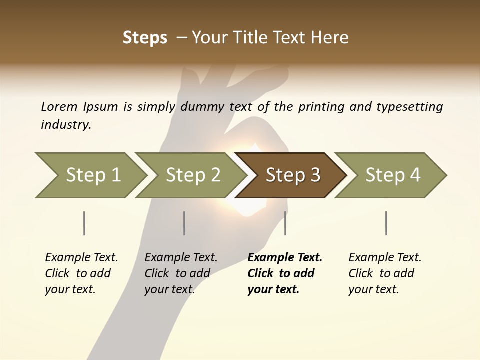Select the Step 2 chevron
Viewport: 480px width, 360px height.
(193, 175)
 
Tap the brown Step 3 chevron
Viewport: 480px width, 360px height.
(293, 175)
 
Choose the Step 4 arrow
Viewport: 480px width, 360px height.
(393, 175)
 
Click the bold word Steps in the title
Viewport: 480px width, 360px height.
(145, 38)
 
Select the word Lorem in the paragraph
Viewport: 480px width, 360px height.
(59, 106)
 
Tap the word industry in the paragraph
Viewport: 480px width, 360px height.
(66, 125)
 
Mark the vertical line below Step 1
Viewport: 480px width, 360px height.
(84, 223)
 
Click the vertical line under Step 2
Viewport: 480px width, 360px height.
(184, 223)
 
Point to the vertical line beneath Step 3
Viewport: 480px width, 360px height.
(285, 223)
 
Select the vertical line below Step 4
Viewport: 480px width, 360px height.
(386, 223)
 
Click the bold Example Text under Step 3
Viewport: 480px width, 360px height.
(285, 258)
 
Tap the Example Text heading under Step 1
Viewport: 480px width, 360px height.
(81, 258)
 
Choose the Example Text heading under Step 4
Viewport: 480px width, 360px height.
(385, 258)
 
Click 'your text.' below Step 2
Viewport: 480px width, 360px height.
(169, 289)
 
